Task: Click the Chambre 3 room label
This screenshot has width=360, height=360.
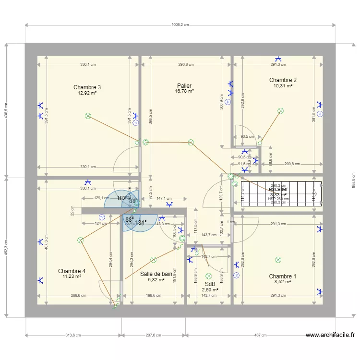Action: pyautogui.click(x=87, y=87)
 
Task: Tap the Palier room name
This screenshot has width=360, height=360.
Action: pyautogui.click(x=184, y=86)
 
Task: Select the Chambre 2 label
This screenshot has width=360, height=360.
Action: pyautogui.click(x=283, y=80)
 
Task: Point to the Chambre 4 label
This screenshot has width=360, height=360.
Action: pyautogui.click(x=72, y=271)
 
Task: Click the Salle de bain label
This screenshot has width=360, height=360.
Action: pyautogui.click(x=156, y=274)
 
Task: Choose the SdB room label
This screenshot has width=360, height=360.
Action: pyautogui.click(x=210, y=285)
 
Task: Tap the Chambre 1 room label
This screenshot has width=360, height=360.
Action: pyautogui.click(x=282, y=276)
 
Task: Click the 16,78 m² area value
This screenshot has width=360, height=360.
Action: pyautogui.click(x=184, y=91)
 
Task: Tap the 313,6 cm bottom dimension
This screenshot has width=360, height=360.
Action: pyautogui.click(x=73, y=336)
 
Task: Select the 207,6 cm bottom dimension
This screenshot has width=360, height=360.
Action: pyautogui.click(x=154, y=336)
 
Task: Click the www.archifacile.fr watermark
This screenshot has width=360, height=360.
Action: pyautogui.click(x=330, y=336)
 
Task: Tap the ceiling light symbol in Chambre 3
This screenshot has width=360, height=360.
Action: pyautogui.click(x=88, y=116)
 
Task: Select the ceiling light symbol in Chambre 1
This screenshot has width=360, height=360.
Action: pyautogui.click(x=278, y=260)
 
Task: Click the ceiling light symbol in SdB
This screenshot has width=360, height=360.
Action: pyautogui.click(x=208, y=276)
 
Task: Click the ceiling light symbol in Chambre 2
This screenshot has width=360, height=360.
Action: pyautogui.click(x=281, y=111)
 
